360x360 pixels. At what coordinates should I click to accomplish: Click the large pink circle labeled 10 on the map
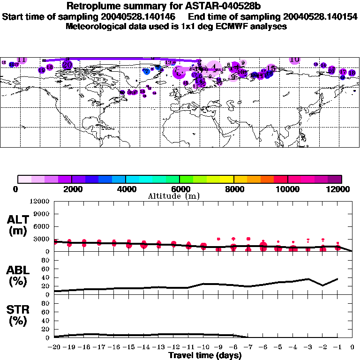pos(294,60)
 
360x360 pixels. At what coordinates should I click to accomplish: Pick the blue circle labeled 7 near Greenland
pos(146,71)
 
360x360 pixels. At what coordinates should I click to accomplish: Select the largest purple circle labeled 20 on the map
pos(67,65)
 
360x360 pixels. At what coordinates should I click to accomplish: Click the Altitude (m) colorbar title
pos(171,196)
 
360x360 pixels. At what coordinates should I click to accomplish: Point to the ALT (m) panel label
pos(18,225)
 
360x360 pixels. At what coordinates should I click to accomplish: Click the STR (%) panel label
pos(18,315)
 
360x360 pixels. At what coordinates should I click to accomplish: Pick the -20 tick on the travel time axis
pos(54,347)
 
